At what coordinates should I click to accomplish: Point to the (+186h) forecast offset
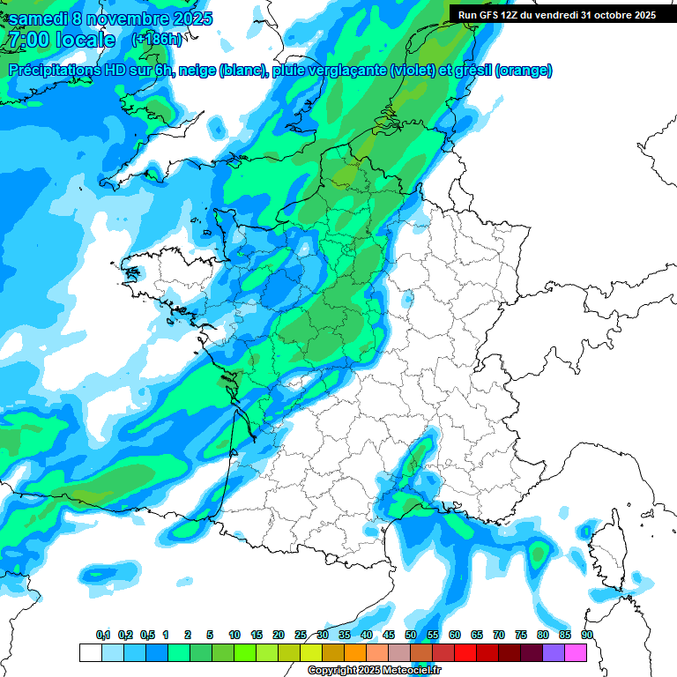pos(157,40)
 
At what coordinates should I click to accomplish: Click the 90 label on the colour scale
pos(586,635)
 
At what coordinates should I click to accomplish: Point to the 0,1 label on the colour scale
pos(103,635)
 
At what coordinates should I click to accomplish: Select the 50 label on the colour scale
pos(411,635)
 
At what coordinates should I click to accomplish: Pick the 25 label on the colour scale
pos(301,635)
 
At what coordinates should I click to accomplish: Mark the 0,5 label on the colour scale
pos(147,635)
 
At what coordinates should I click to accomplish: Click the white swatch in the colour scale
pos(90,652)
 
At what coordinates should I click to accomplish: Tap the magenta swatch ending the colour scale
pos(576,652)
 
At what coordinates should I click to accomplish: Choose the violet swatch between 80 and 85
pos(554,652)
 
